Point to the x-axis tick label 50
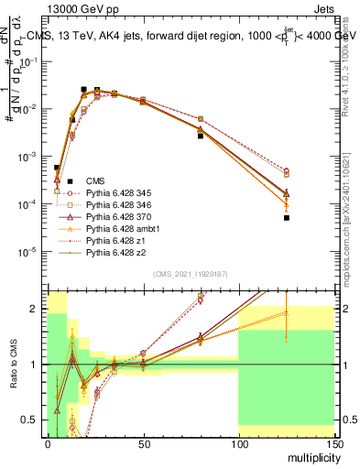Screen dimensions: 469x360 142,444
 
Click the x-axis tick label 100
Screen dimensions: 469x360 238,444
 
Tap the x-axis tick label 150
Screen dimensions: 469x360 333,444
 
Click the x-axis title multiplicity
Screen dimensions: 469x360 311,458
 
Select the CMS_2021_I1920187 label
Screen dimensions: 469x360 190,273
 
